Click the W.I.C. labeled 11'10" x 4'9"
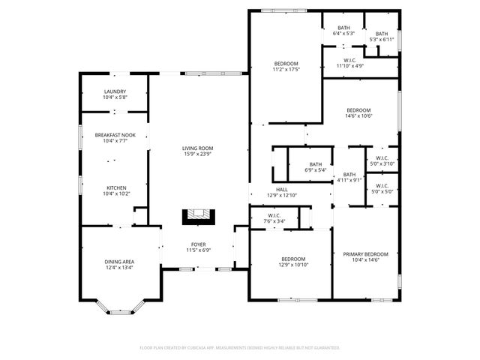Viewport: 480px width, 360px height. [x=349, y=63]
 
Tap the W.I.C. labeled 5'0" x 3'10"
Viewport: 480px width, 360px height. [x=381, y=160]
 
